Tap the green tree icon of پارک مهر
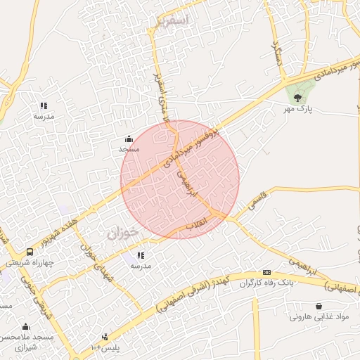[298, 98]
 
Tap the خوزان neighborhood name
[124, 233]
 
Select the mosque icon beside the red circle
[129, 139]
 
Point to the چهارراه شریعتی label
[29, 262]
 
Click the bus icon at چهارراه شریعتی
[30, 252]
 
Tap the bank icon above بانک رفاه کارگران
[266, 272]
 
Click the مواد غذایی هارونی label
[319, 317]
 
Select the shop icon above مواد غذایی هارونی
[320, 306]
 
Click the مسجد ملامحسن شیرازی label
[26, 342]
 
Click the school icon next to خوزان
[141, 255]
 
